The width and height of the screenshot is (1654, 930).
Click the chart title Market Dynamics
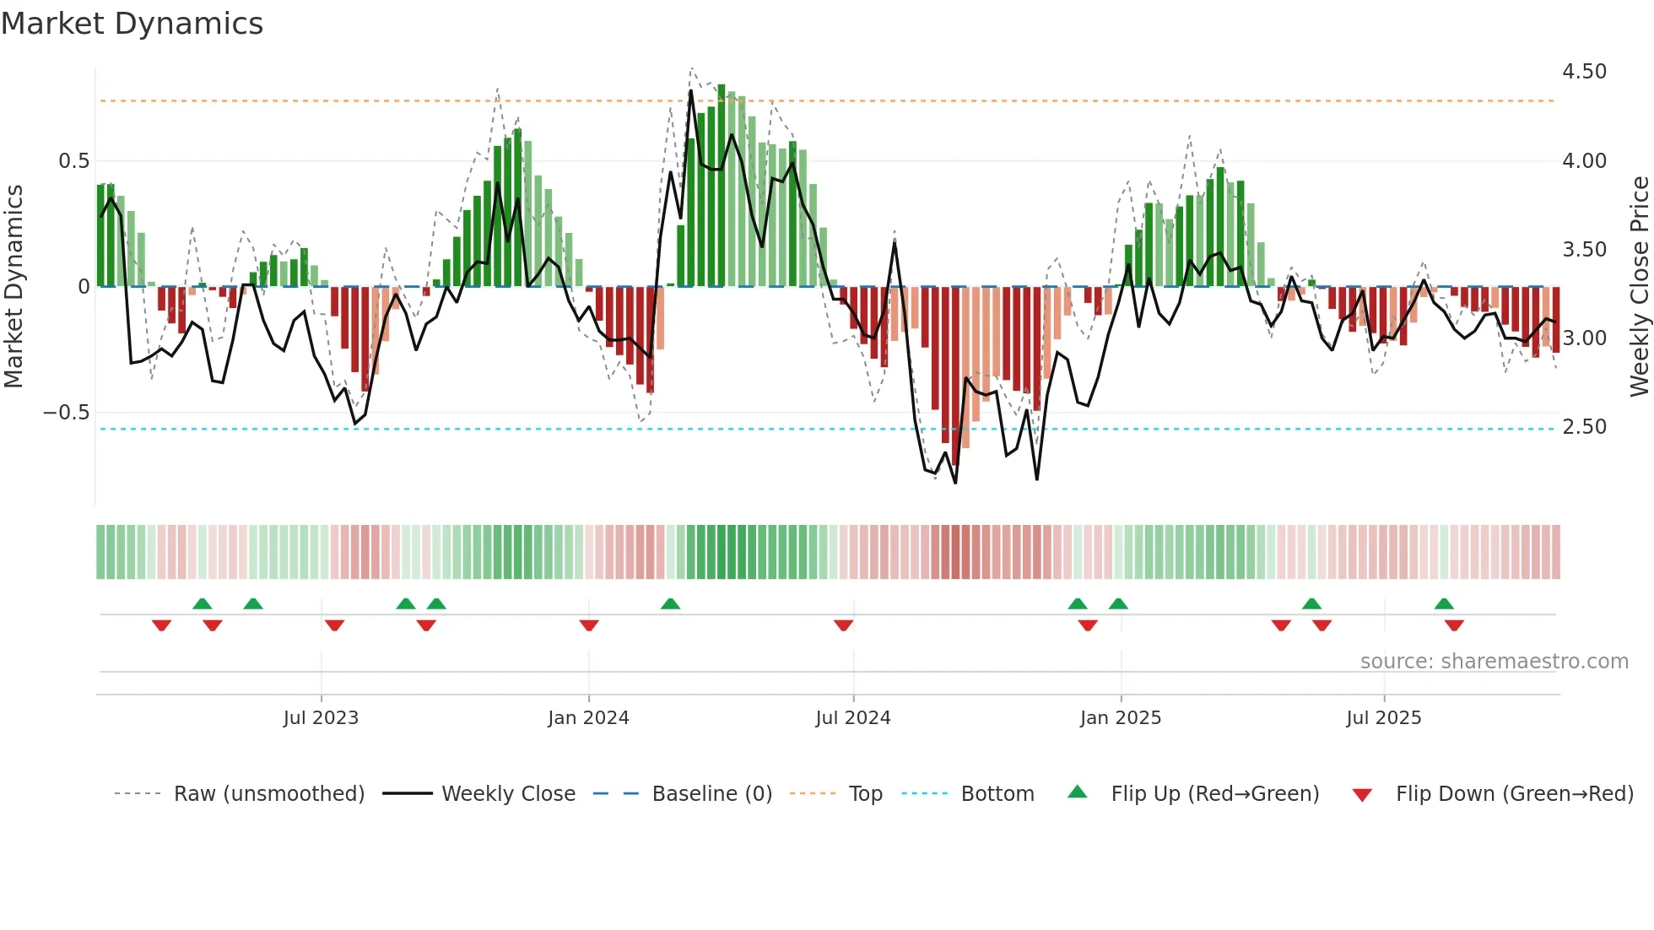click(132, 24)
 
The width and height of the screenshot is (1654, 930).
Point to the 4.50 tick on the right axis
click(1584, 72)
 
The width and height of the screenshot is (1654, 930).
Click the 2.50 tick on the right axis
click(1584, 427)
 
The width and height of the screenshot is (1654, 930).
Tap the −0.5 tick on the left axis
click(66, 413)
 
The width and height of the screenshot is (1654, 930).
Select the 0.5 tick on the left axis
click(73, 161)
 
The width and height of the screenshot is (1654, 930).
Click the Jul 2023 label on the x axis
click(321, 718)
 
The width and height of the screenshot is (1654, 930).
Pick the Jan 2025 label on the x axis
click(1120, 718)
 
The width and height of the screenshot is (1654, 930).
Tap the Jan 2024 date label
click(588, 718)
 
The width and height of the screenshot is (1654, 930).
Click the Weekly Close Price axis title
click(1639, 286)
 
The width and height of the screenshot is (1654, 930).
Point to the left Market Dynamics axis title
click(14, 286)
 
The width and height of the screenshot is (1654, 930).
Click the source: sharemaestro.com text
click(1494, 662)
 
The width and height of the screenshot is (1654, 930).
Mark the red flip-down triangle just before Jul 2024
click(843, 625)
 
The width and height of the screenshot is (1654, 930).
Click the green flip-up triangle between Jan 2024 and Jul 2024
click(670, 603)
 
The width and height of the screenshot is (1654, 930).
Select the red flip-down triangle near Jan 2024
click(589, 625)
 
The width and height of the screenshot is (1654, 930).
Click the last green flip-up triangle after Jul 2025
click(1444, 603)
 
